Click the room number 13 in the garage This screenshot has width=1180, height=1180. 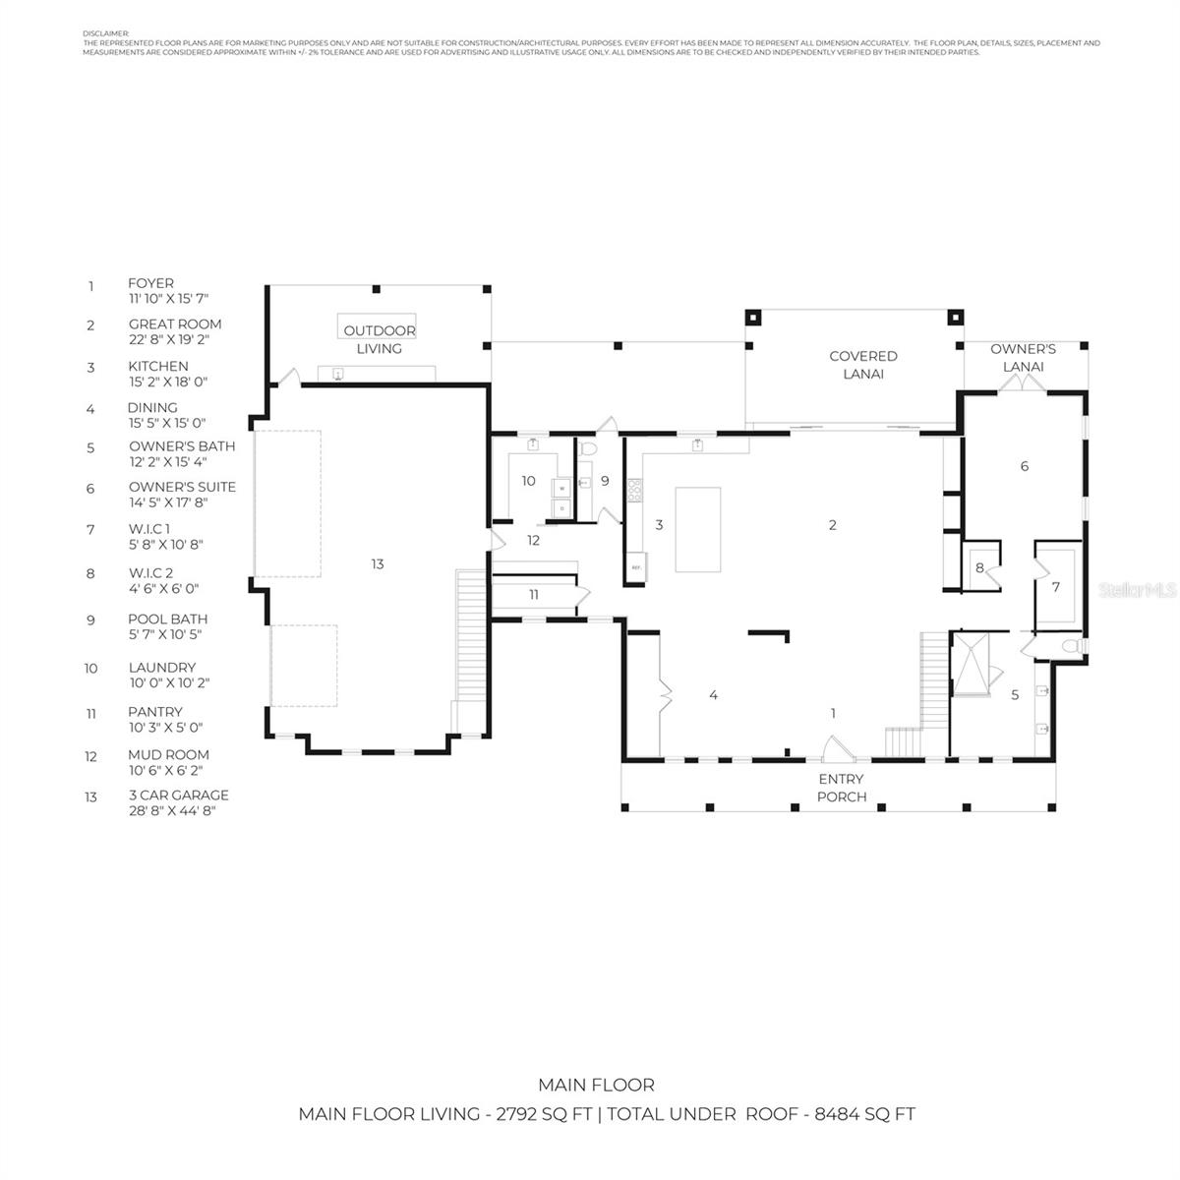378,564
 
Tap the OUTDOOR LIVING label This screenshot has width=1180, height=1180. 379,339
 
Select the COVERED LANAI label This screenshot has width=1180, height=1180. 862,365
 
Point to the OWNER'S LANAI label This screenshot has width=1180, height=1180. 1023,358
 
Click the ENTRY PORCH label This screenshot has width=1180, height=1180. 841,788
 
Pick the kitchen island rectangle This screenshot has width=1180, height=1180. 697,529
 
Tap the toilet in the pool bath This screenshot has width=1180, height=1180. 588,448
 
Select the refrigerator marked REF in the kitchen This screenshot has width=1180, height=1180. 636,568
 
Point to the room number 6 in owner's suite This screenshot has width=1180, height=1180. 1025,466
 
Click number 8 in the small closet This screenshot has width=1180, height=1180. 979,567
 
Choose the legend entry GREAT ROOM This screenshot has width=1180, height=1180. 175,324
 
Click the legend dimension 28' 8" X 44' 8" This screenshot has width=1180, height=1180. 171,811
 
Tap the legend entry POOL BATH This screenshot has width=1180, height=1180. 167,619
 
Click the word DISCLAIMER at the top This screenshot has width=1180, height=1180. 105,33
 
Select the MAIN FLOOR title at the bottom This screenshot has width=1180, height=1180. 596,1085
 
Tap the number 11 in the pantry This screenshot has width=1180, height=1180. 534,595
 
